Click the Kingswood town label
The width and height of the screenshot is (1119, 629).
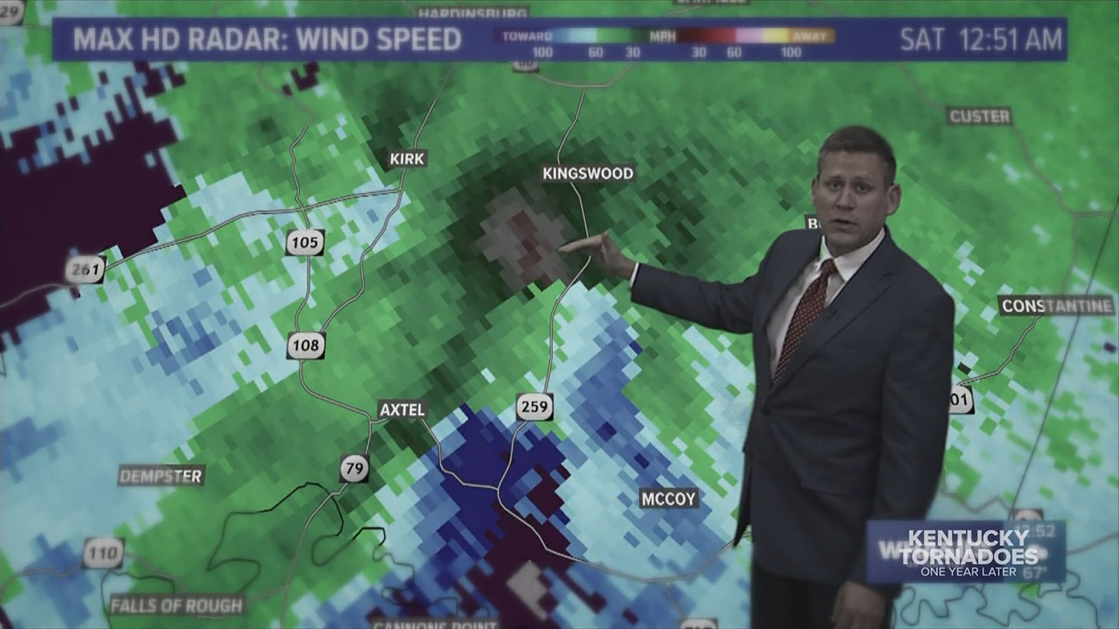(587, 174)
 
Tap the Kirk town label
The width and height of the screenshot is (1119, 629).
(407, 158)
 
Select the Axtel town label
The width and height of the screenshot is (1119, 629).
(402, 410)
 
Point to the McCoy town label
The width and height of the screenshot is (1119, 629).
(668, 499)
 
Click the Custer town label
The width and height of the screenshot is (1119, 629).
(979, 116)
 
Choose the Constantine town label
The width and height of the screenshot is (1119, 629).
(1056, 306)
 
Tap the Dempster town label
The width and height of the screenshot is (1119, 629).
(161, 476)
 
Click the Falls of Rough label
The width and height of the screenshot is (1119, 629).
(177, 606)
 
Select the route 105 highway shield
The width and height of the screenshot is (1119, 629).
(305, 242)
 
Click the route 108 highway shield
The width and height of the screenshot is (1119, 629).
(305, 345)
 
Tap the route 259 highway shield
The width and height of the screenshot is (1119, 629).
(534, 406)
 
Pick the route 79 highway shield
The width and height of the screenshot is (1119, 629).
(354, 468)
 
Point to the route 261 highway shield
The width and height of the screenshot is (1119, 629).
(86, 270)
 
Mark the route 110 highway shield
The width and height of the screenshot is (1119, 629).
(103, 552)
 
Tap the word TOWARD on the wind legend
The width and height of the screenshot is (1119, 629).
(527, 37)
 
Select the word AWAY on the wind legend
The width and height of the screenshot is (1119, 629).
(810, 37)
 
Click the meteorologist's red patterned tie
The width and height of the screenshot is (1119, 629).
(807, 314)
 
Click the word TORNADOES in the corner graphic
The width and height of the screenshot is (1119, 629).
(969, 556)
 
